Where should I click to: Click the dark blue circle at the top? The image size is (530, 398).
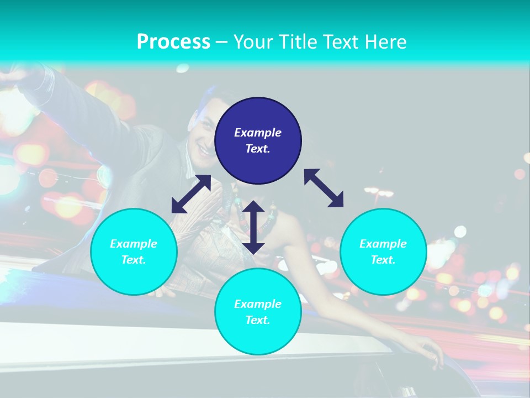tap(258, 140)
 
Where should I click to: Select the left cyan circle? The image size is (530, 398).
tap(134, 252)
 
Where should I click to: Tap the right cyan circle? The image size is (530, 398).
tap(383, 252)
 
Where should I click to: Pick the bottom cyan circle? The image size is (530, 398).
tap(258, 312)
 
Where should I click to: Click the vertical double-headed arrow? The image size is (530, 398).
tap(253, 227)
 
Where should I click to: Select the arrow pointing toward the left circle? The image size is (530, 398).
tap(191, 194)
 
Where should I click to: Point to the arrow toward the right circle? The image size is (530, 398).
tap(324, 188)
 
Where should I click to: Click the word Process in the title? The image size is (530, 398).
tap(173, 42)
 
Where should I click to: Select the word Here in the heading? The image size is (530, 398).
tap(385, 42)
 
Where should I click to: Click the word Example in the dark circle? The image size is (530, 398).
tap(258, 133)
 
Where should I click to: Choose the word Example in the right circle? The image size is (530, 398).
tap(383, 244)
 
